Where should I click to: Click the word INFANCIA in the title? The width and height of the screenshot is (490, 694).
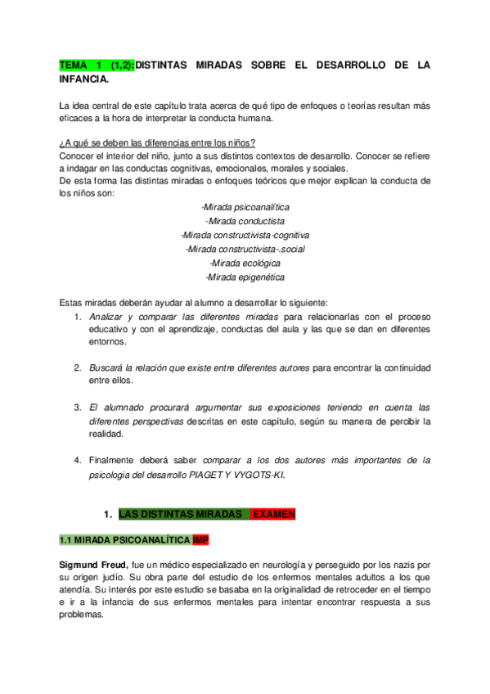(83, 80)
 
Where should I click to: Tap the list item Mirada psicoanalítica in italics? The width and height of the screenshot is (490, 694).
(245, 207)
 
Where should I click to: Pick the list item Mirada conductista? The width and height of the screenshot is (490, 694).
(245, 221)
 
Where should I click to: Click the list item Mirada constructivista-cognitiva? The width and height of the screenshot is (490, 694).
(245, 235)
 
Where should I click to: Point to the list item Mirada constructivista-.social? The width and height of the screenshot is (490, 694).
(245, 249)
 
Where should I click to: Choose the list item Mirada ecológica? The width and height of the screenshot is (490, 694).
(245, 263)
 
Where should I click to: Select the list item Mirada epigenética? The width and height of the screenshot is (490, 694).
(245, 277)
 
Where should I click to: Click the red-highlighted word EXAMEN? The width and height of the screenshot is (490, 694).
(273, 514)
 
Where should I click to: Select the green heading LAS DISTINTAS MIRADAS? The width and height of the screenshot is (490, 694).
(182, 514)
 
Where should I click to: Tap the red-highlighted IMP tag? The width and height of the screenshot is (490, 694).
(201, 541)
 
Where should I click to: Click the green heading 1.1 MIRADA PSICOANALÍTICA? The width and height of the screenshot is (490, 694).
(125, 541)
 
